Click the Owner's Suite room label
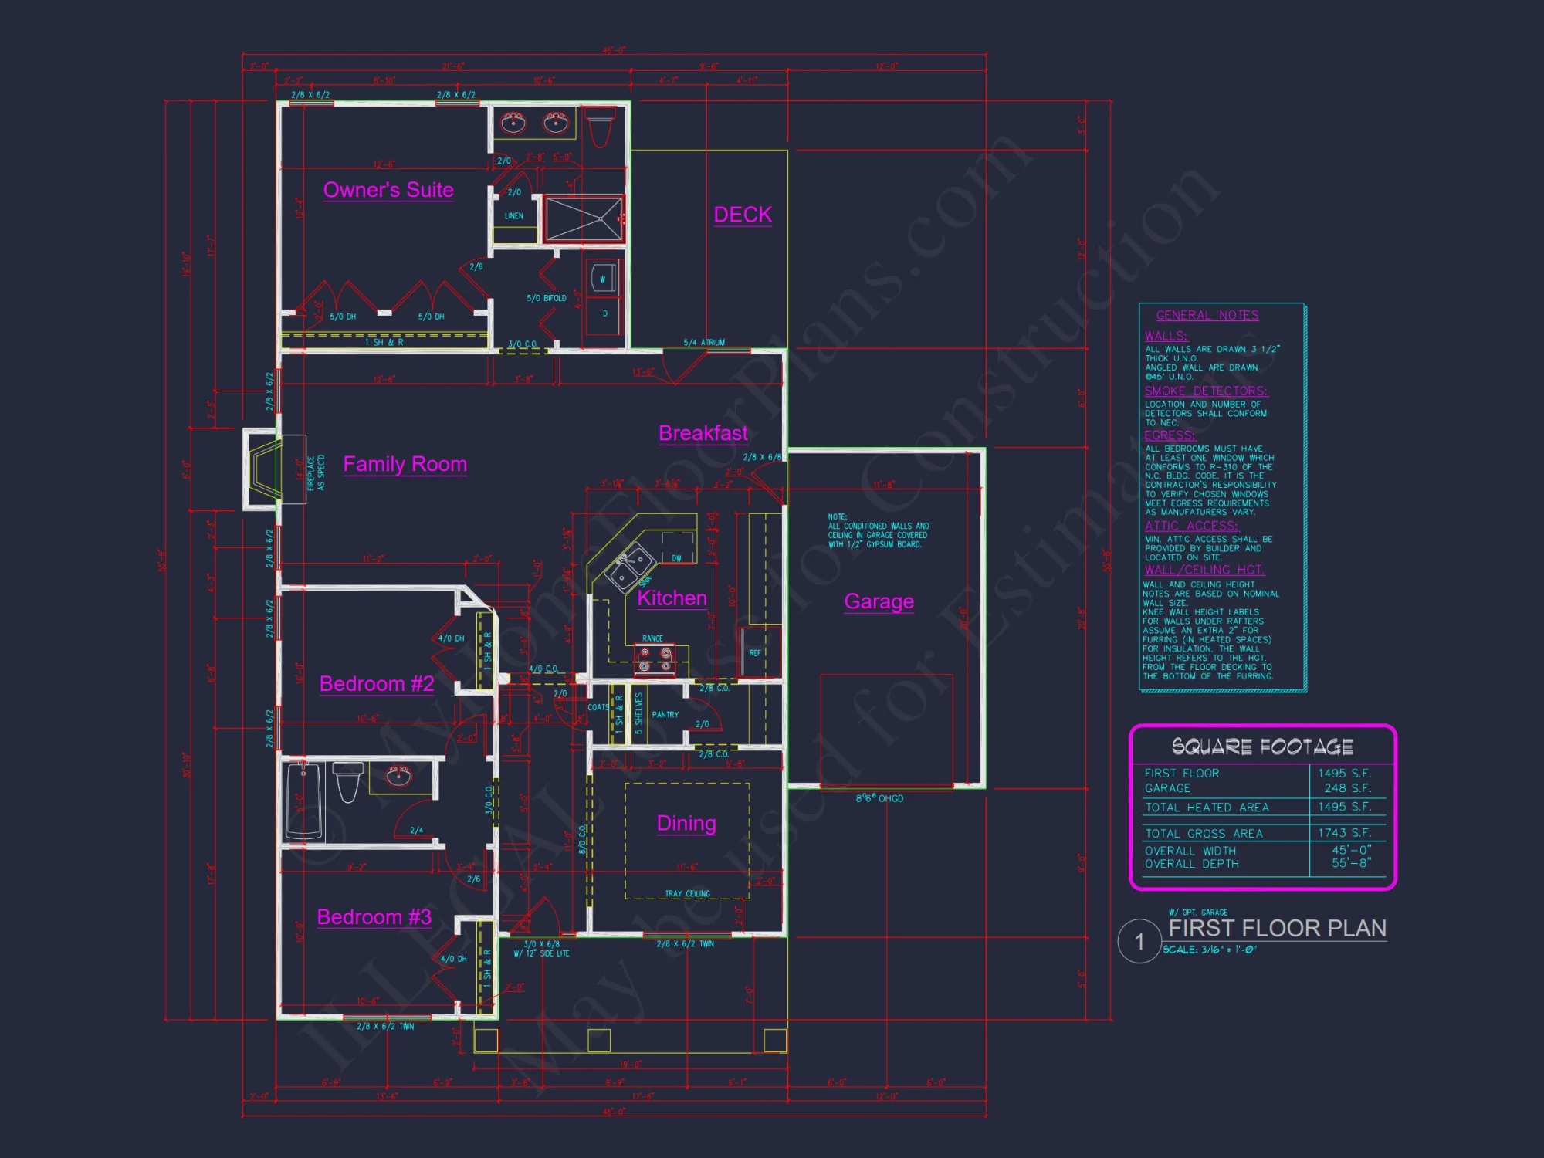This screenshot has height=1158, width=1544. pyautogui.click(x=388, y=190)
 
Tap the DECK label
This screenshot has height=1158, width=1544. pyautogui.click(x=743, y=215)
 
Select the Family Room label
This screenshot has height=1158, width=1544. pyautogui.click(x=405, y=464)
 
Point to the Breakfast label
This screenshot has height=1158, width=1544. pyautogui.click(x=703, y=433)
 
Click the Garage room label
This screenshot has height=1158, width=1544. pyautogui.click(x=879, y=601)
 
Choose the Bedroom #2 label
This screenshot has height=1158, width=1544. pyautogui.click(x=377, y=684)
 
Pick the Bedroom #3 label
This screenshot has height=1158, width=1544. pyautogui.click(x=374, y=917)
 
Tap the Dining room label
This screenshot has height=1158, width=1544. pyautogui.click(x=686, y=824)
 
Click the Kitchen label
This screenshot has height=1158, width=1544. pyautogui.click(x=672, y=598)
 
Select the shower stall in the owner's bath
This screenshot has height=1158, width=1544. pyautogui.click(x=584, y=218)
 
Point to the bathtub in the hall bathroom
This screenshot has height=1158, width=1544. pyautogui.click(x=303, y=801)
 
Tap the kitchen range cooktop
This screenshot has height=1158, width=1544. pyautogui.click(x=655, y=661)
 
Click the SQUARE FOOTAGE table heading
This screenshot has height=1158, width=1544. pyautogui.click(x=1262, y=747)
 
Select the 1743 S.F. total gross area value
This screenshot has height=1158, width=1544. pyautogui.click(x=1344, y=833)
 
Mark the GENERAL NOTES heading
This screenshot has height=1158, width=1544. pyautogui.click(x=1207, y=315)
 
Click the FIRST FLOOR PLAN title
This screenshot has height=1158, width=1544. pyautogui.click(x=1277, y=928)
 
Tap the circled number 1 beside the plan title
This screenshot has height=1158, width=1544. pyautogui.click(x=1139, y=941)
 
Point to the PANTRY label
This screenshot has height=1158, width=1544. pyautogui.click(x=665, y=715)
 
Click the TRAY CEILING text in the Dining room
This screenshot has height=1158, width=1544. pyautogui.click(x=687, y=894)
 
